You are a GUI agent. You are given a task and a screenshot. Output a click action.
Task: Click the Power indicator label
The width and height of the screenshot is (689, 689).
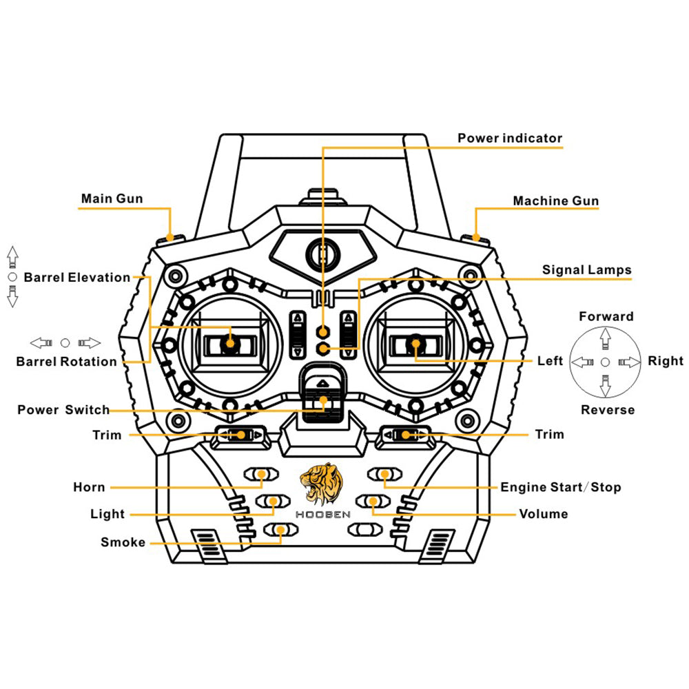510,138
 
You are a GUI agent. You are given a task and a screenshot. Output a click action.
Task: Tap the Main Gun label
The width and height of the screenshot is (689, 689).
112,199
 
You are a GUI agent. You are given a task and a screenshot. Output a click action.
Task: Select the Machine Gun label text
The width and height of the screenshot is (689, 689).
555,201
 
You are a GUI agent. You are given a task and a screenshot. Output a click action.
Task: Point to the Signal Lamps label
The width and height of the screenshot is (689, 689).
586,269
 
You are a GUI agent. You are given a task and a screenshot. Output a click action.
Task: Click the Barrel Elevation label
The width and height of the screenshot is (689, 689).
76,278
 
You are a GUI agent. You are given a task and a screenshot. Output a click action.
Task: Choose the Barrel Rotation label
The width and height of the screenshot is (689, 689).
67,362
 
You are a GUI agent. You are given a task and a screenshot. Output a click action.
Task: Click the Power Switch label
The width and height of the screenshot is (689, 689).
63,410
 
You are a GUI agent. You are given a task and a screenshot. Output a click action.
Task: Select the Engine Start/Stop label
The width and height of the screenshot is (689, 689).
560,488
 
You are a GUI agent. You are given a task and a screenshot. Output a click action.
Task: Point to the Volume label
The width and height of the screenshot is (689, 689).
544,514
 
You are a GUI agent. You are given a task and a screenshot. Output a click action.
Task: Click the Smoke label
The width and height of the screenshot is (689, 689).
123,542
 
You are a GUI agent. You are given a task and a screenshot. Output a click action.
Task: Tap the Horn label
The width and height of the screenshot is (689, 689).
90,488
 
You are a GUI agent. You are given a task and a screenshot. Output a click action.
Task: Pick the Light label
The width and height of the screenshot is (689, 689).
107,514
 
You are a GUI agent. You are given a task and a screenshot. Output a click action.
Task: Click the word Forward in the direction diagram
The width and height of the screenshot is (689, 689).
606,317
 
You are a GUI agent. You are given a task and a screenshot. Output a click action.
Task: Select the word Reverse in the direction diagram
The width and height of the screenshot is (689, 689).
607,410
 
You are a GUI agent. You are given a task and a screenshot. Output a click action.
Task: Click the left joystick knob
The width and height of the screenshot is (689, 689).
229,342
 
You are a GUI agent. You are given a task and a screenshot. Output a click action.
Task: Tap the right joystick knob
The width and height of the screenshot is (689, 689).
415,342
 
